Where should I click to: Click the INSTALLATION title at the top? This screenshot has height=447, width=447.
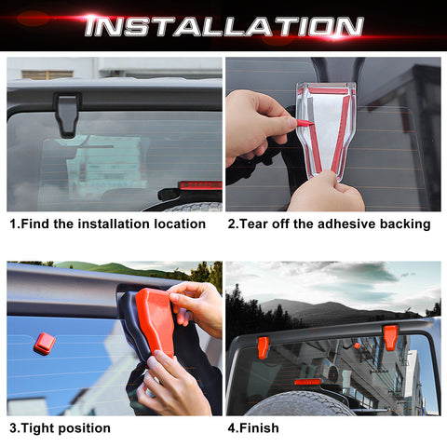[223, 25]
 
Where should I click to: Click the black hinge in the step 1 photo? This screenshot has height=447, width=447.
[68, 113]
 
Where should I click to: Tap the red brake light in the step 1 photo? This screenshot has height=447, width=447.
[199, 185]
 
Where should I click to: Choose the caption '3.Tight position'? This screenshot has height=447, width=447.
[60, 427]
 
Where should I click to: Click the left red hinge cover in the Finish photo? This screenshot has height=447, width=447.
[264, 347]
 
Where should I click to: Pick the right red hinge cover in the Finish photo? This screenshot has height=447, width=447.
[389, 337]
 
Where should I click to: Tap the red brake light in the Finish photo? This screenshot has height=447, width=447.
[307, 382]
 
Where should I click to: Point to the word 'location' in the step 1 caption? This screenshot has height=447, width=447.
[188, 224]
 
